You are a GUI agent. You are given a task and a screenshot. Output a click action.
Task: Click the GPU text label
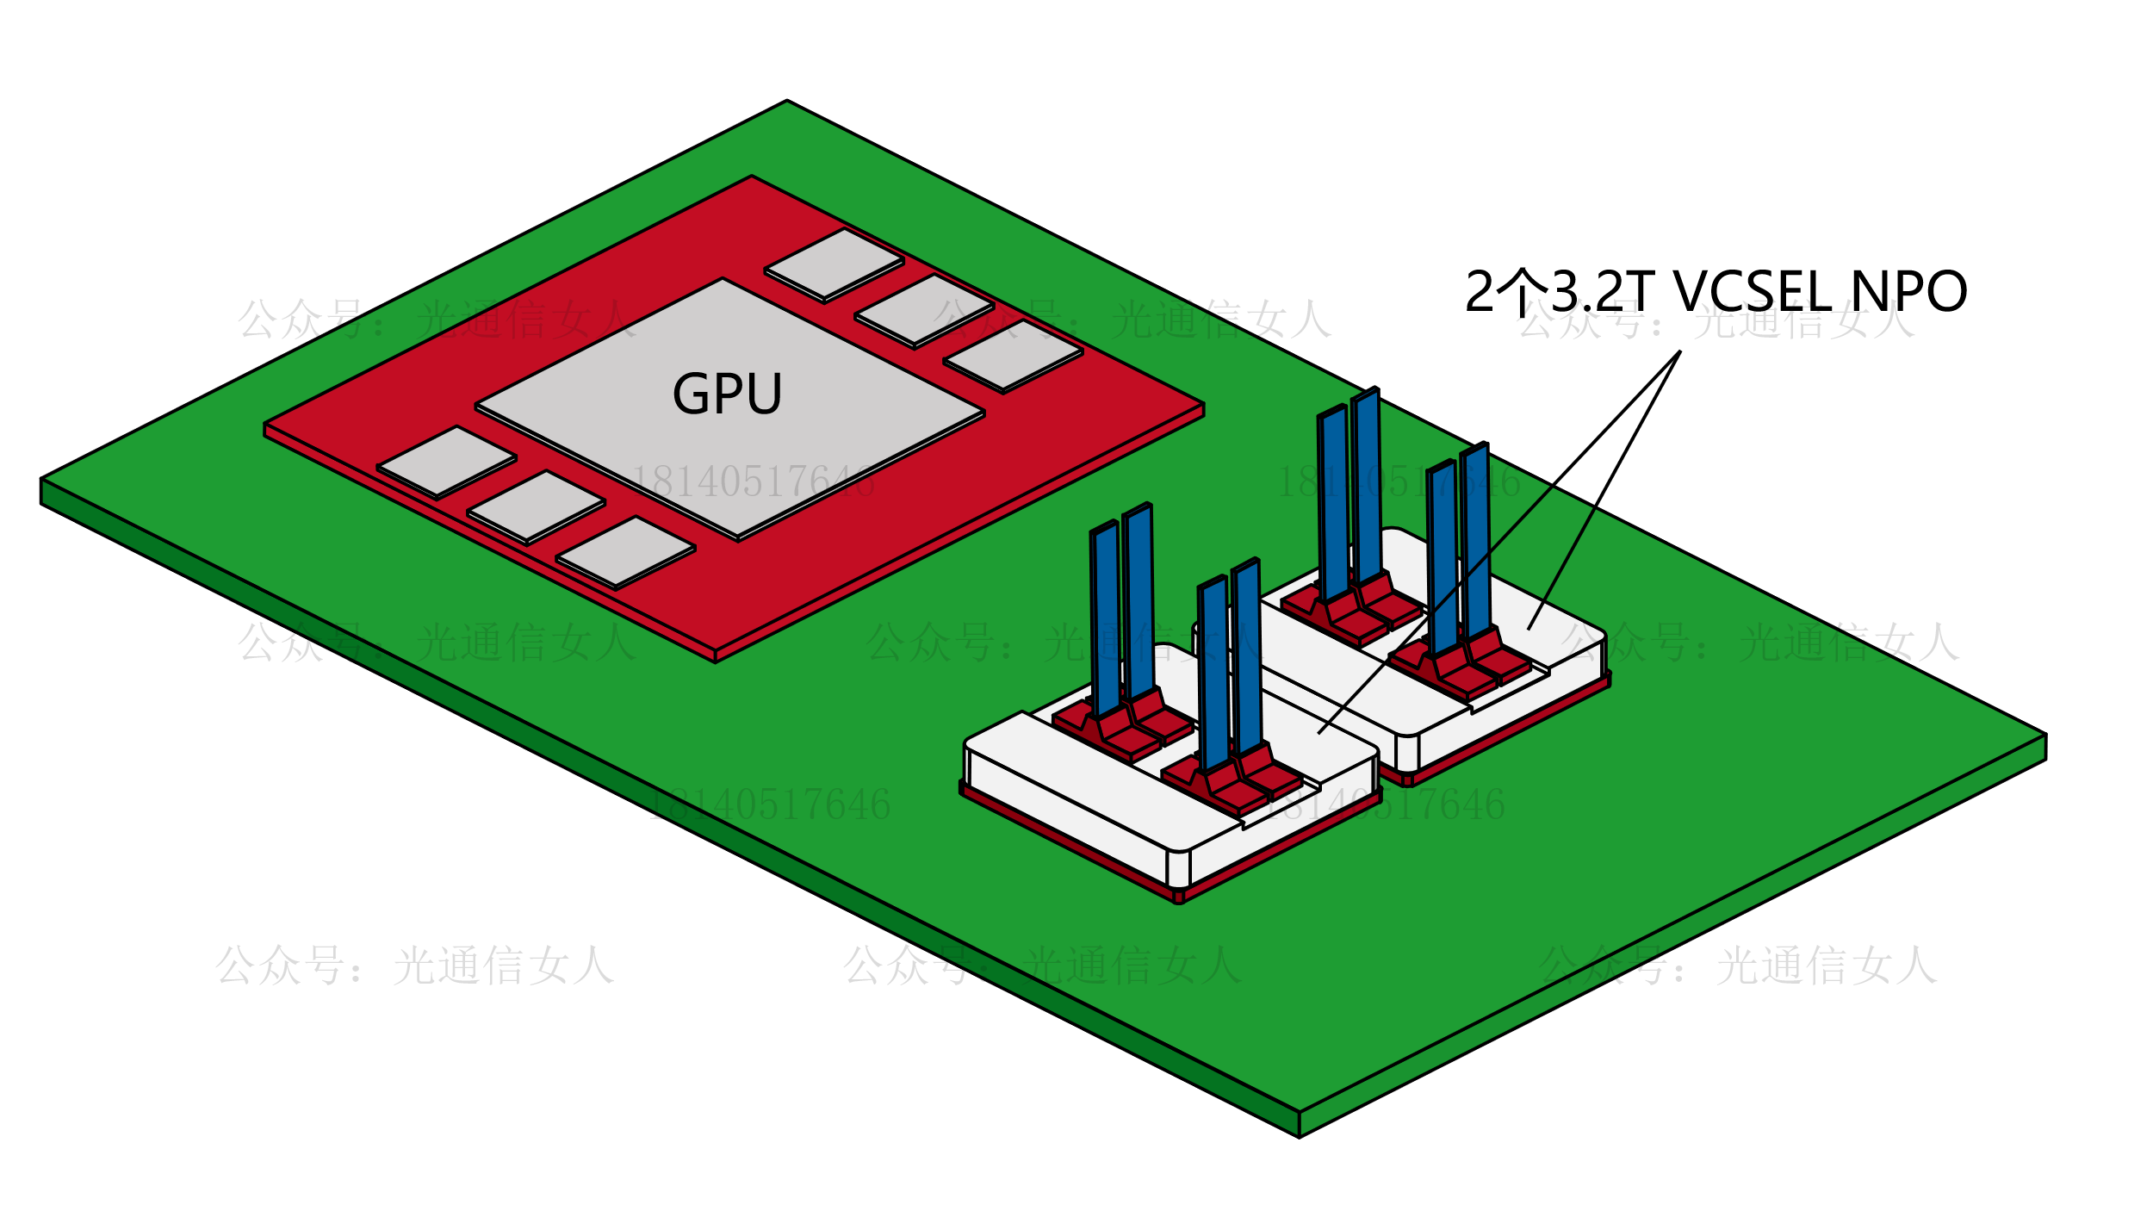click(727, 394)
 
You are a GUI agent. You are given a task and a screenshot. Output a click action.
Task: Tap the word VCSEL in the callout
click(1753, 291)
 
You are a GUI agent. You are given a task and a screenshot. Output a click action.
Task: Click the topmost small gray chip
click(834, 264)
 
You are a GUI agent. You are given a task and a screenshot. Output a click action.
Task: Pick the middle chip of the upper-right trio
click(924, 310)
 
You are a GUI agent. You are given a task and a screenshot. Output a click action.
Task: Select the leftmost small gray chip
click(446, 463)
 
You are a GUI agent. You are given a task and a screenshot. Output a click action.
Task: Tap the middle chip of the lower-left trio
click(536, 507)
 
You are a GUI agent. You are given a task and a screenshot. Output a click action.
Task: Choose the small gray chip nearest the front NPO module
click(625, 552)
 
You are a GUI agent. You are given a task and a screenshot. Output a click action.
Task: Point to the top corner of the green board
click(787, 102)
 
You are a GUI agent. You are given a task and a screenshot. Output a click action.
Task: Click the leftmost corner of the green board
click(42, 479)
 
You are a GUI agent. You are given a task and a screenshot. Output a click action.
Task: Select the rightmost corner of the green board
click(2046, 735)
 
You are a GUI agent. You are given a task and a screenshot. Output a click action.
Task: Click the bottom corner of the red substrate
click(716, 651)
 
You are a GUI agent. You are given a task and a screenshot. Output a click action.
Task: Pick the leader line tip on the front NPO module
click(1318, 734)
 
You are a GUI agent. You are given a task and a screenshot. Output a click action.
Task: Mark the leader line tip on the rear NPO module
click(1529, 630)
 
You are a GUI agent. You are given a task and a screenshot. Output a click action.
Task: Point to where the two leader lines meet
click(1680, 351)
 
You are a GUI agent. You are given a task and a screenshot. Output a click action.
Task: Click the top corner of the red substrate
click(752, 177)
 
